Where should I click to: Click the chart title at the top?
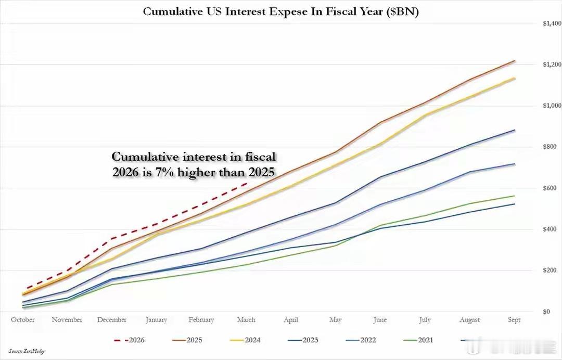click(x=281, y=12)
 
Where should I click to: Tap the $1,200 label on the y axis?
click(x=552, y=65)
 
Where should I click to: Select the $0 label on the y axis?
click(x=546, y=312)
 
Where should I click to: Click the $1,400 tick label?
click(x=552, y=23)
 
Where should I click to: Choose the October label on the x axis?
click(x=23, y=319)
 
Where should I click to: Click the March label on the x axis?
click(x=246, y=319)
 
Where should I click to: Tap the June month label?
click(x=380, y=319)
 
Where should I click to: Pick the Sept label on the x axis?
click(x=514, y=319)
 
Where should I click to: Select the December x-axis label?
click(x=112, y=319)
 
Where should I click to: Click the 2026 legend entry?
click(x=130, y=340)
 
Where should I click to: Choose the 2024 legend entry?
click(x=245, y=340)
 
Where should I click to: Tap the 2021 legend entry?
click(x=418, y=340)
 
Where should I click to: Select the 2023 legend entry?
click(x=303, y=340)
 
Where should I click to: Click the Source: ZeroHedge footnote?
click(x=27, y=351)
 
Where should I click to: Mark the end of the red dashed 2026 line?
click(x=247, y=184)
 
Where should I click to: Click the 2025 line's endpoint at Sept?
click(x=515, y=61)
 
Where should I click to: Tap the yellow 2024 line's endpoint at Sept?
click(x=515, y=78)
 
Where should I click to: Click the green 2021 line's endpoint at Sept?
click(x=515, y=196)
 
